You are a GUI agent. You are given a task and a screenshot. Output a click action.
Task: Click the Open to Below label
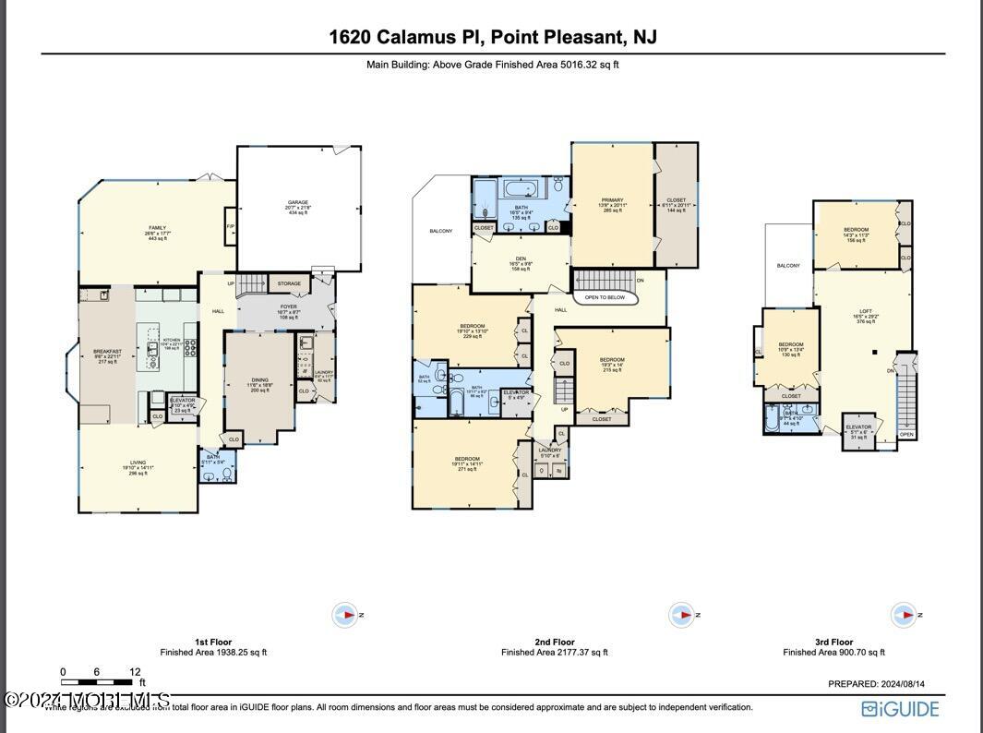click(x=604, y=297)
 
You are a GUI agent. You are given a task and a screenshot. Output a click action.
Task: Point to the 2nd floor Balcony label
click(x=441, y=231)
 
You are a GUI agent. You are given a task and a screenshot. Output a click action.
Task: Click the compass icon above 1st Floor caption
click(x=344, y=615)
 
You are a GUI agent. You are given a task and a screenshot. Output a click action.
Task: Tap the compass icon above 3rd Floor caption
click(x=903, y=615)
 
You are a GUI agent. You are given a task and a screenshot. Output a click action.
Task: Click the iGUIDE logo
click(x=900, y=709)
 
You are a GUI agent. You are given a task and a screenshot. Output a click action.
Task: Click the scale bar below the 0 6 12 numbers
click(x=97, y=682)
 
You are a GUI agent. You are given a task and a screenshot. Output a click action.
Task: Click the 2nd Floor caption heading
click(x=554, y=642)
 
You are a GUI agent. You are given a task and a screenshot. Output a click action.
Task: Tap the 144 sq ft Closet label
click(x=676, y=205)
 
